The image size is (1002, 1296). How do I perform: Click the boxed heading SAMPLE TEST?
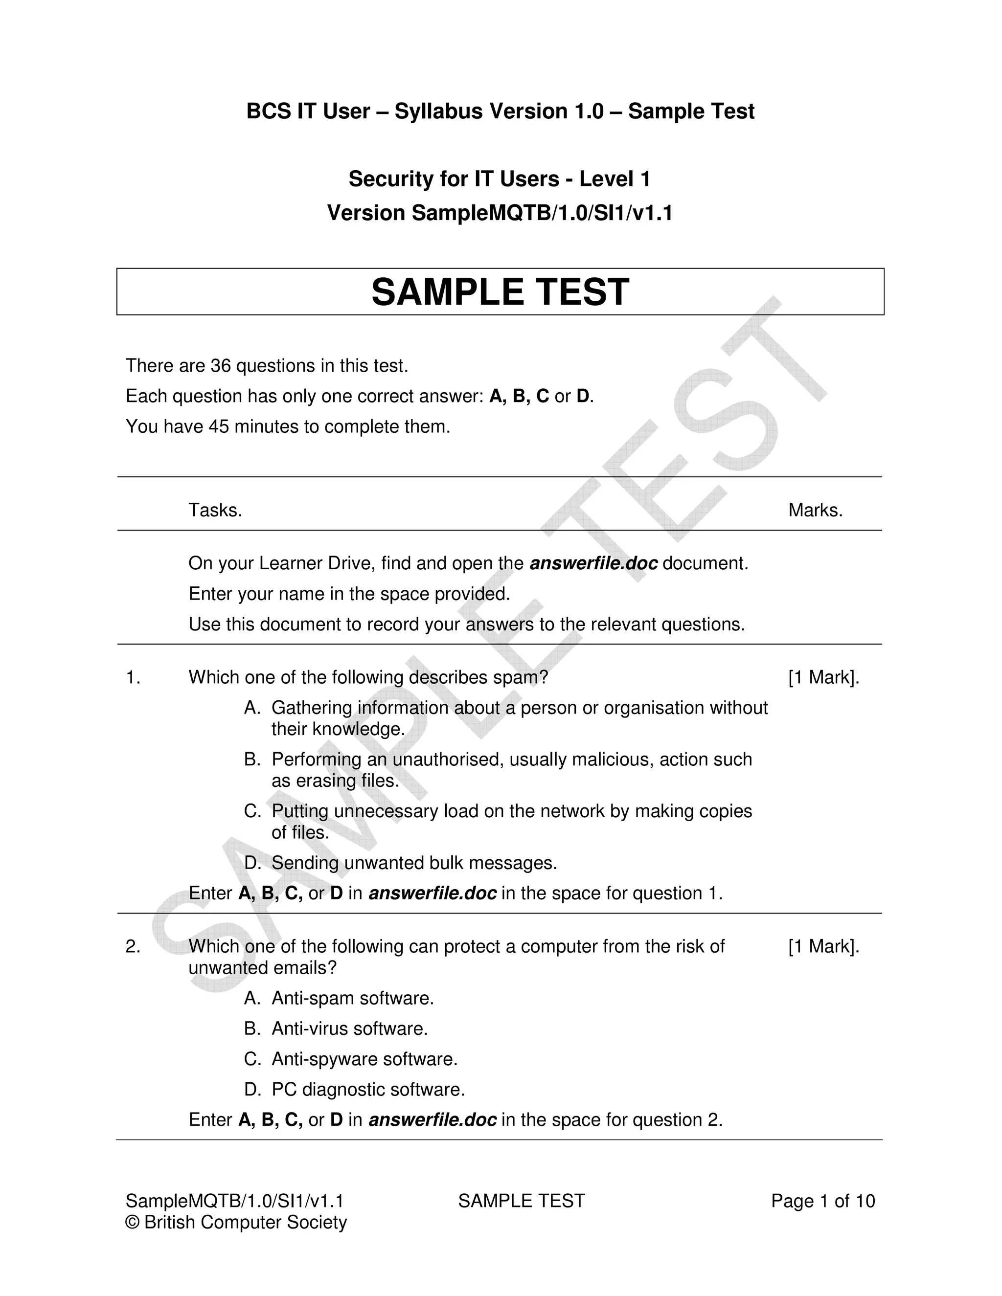coord(500,292)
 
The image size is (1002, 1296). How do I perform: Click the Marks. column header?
coord(815,510)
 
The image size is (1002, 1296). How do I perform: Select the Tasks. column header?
coord(215,510)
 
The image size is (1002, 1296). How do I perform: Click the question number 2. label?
coord(133,946)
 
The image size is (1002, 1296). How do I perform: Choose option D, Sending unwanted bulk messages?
coord(414,863)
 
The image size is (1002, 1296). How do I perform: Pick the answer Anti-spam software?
coord(353,998)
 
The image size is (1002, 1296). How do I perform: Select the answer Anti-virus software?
coord(350,1028)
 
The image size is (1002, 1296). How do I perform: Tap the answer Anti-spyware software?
coord(364,1059)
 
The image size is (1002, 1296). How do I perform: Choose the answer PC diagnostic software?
coord(368,1090)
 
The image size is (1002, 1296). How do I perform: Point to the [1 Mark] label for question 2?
coord(823,946)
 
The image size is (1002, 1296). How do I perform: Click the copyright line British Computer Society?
coord(236,1223)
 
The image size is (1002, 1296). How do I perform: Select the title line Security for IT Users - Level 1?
coord(499,179)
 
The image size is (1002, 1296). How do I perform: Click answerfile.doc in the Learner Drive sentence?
coord(593,563)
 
